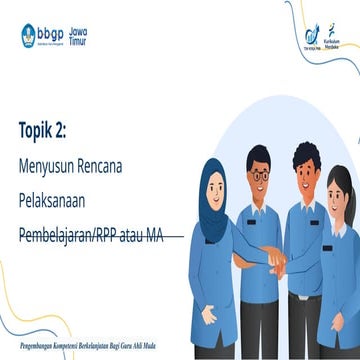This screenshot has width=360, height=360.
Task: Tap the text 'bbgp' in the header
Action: tap(52, 32)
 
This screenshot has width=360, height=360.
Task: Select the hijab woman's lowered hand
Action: tap(209, 314)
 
